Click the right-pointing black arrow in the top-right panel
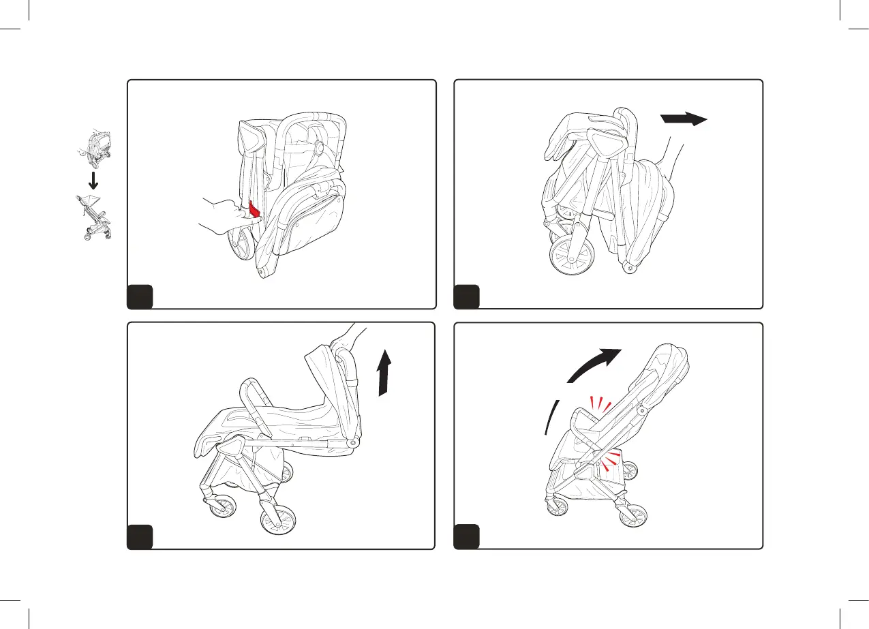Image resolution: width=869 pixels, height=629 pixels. (x=684, y=120)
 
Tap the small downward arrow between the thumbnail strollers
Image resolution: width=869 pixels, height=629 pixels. (x=95, y=180)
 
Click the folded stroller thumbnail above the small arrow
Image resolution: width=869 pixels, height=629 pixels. (x=93, y=149)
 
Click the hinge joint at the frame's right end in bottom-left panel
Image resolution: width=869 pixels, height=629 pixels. (x=353, y=442)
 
